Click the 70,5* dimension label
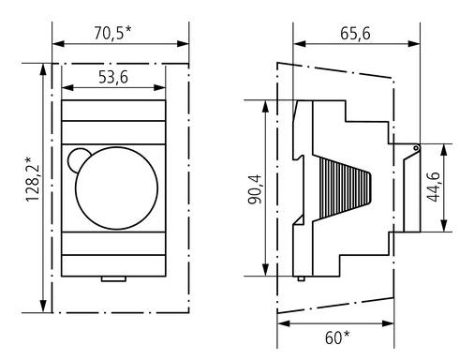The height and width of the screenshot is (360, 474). click(x=112, y=33)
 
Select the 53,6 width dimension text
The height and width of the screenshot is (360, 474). click(x=113, y=77)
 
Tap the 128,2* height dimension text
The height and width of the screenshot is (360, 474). click(x=33, y=179)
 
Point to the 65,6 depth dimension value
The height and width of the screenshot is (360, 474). click(x=355, y=33)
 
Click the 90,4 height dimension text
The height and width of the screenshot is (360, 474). click(x=256, y=189)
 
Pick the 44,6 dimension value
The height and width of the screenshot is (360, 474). click(x=434, y=187)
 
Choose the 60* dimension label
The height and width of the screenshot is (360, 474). click(x=337, y=337)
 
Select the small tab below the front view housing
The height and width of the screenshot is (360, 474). click(x=113, y=278)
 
